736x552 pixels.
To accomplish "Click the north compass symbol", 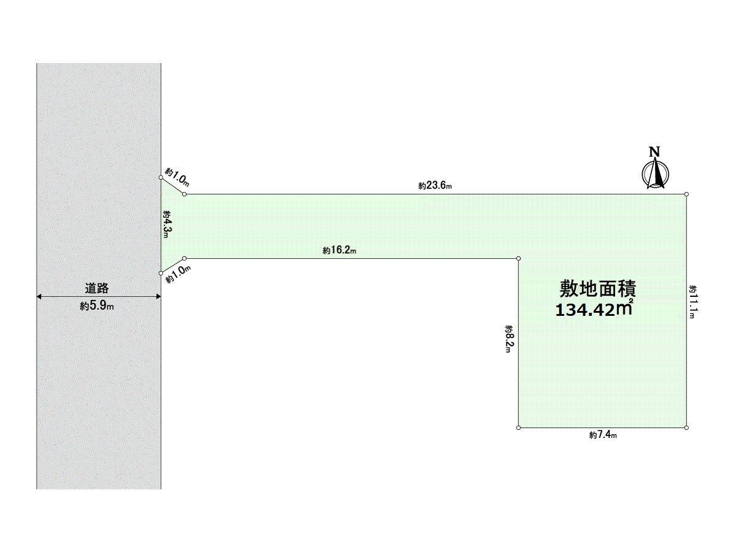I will point(656,174).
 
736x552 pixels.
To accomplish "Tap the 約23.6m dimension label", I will point(435,185).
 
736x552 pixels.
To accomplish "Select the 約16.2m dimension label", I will point(339,250).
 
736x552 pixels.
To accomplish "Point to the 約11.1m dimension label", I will point(692,301).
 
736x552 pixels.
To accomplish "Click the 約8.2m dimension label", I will point(509,343).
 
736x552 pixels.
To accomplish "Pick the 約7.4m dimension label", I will point(602,435).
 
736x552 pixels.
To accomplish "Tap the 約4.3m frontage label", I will point(167,225).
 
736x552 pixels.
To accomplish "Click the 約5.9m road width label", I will point(97,306).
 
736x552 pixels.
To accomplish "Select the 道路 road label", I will point(97,287).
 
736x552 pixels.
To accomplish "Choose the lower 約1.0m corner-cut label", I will point(178,274).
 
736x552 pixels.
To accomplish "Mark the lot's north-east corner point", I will point(686,194).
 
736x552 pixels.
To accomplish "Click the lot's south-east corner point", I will point(686,427).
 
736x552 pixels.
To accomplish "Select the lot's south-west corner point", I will point(519,427).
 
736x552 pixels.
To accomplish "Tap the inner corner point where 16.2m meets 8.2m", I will point(519,259).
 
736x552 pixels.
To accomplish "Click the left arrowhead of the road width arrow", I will point(39,297).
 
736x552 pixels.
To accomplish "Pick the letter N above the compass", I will point(655,152).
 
